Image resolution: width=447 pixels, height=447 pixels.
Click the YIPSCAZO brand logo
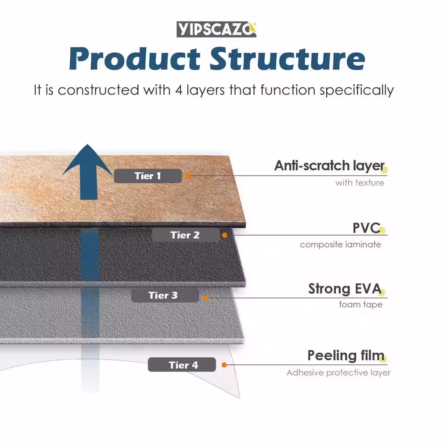(x=216, y=30)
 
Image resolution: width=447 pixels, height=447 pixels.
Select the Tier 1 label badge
(x=148, y=176)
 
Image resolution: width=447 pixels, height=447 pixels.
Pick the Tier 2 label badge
(x=185, y=235)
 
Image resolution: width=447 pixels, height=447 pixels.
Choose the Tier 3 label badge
(x=163, y=295)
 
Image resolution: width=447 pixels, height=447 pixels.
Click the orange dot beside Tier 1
(x=188, y=176)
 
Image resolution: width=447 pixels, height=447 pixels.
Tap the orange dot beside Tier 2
(x=224, y=235)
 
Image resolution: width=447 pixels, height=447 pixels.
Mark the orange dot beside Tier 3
(x=205, y=297)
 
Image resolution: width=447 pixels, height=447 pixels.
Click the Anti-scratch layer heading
(x=329, y=166)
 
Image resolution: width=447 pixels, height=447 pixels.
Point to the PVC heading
(x=366, y=228)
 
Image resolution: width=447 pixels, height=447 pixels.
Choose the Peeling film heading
(x=346, y=356)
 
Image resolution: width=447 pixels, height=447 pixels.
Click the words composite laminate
(x=341, y=245)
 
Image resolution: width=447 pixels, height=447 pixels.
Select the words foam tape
(x=361, y=305)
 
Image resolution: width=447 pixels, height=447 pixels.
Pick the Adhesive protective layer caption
(x=338, y=373)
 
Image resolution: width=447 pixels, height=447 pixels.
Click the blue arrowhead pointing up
(x=88, y=161)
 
